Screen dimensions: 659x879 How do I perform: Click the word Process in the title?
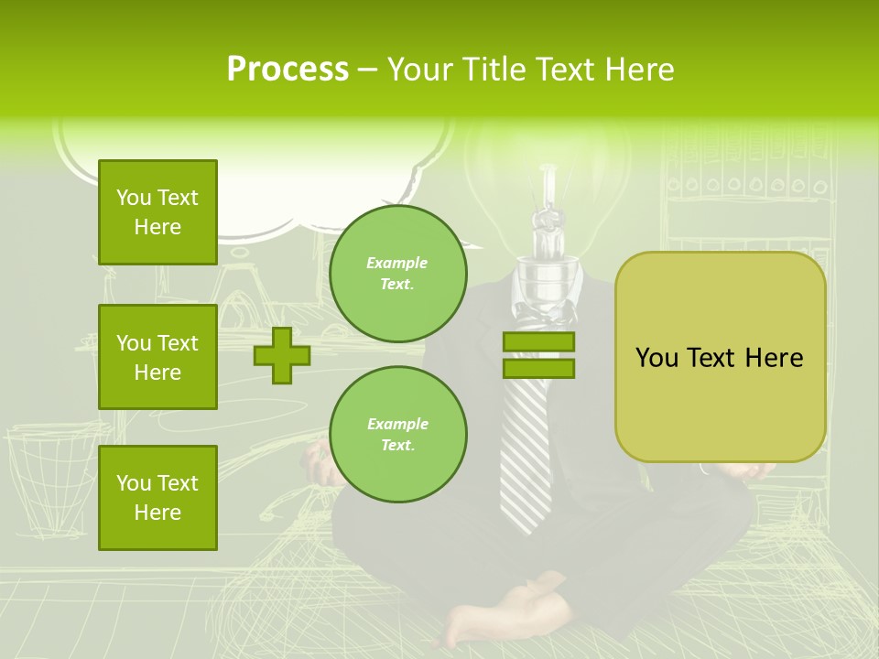288,69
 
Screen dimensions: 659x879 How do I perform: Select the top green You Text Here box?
157,212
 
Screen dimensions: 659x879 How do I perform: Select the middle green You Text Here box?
157,357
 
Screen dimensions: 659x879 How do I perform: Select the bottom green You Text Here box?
157,497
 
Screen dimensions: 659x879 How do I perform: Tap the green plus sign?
282,355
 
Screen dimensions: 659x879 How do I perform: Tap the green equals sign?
538,355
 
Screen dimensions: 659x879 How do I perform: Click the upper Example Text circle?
397,274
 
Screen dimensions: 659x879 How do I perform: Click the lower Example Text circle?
397,434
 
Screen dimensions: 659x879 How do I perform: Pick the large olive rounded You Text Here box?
720,357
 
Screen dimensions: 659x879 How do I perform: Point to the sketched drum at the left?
50,476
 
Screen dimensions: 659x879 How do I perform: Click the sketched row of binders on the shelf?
746,183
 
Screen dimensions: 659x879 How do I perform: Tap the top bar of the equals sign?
538,342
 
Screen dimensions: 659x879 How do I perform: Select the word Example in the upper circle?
397,263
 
